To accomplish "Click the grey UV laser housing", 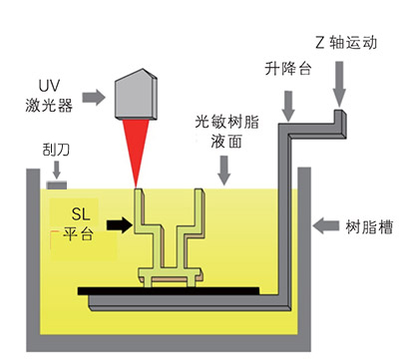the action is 136,94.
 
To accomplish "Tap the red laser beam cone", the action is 136,147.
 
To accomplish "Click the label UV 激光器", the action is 49,96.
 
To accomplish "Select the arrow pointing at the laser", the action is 94,98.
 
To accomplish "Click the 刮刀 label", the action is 56,150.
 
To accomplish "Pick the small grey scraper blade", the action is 57,184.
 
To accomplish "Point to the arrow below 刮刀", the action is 57,170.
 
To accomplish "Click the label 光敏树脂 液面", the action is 226,132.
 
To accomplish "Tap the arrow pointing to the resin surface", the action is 224,171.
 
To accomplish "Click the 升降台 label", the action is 288,69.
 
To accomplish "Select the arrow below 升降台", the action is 288,106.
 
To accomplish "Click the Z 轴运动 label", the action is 346,43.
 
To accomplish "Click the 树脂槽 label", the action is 369,226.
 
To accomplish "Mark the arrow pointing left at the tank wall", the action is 326,226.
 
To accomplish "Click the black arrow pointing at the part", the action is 120,224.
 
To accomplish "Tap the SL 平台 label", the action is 79,223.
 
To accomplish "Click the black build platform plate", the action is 169,291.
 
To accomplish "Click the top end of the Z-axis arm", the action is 339,111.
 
